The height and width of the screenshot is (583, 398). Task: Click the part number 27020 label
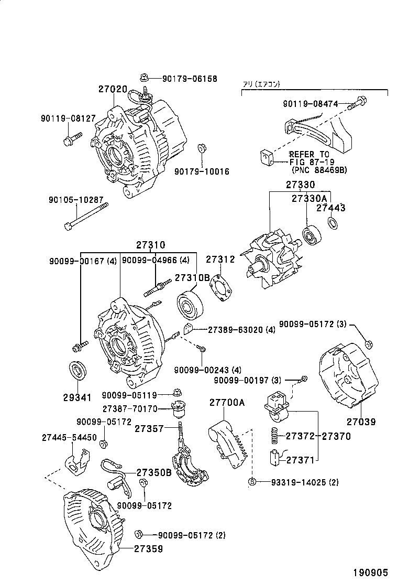(113, 89)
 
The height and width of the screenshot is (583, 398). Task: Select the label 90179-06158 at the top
(189, 79)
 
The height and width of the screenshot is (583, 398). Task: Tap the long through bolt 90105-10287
(86, 218)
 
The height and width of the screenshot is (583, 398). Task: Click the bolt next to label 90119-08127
(72, 139)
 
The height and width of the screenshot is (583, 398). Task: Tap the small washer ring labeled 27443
(332, 224)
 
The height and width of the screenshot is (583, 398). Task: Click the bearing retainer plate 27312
(222, 287)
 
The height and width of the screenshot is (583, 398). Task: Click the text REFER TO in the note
(309, 154)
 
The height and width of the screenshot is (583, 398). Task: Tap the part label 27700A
(227, 403)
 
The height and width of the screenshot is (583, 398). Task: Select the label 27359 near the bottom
(148, 549)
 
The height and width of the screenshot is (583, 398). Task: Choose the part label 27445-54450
(69, 437)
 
